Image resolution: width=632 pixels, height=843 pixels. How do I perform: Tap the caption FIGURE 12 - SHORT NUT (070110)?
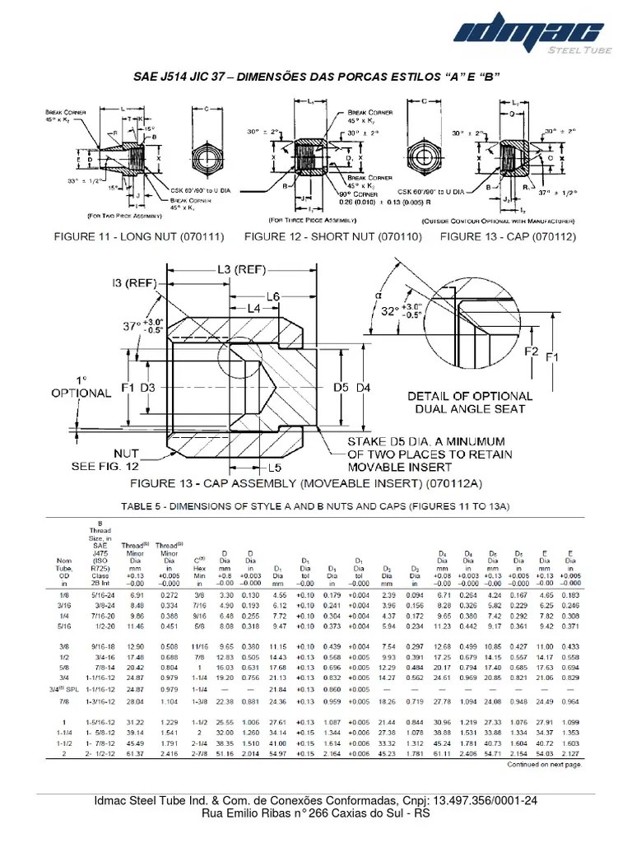pyautogui.click(x=332, y=236)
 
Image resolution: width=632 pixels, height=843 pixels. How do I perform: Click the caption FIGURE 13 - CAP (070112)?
pyautogui.click(x=508, y=236)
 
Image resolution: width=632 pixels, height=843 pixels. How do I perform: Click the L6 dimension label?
pyautogui.click(x=275, y=296)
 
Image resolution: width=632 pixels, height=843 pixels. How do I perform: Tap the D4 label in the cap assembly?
pyautogui.click(x=365, y=386)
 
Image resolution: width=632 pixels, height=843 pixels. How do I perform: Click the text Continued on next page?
pyautogui.click(x=544, y=764)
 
